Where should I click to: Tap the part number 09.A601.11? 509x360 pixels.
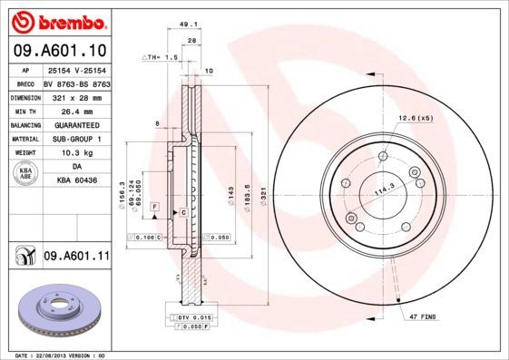coord(76,258)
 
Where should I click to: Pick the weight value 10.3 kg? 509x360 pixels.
coord(75,153)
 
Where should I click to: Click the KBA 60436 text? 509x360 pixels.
coord(77,180)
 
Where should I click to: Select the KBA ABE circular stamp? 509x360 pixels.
coord(24,174)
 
